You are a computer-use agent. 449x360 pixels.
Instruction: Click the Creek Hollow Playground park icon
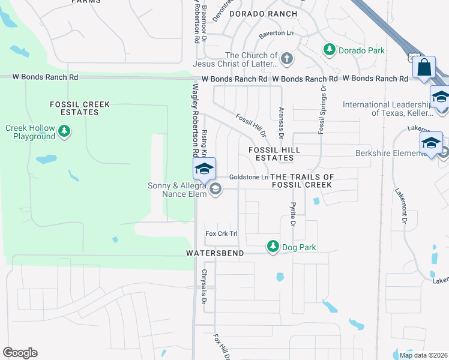64,130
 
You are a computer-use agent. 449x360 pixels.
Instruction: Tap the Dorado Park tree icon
329,50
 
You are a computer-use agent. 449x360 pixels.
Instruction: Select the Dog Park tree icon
273,247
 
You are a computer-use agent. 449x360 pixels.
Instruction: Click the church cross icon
287,59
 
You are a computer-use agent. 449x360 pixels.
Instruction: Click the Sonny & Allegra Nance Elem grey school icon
215,190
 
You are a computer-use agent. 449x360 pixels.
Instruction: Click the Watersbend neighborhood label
215,254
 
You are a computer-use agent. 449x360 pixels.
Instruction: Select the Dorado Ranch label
263,13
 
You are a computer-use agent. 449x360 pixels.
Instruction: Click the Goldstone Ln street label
249,178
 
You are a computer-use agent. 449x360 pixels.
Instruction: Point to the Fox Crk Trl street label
221,233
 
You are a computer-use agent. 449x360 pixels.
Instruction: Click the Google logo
20,353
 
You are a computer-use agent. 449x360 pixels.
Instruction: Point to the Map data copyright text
423,355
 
